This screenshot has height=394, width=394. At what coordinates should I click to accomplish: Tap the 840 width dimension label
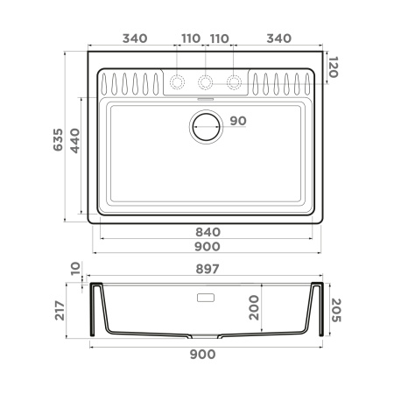point(207,232)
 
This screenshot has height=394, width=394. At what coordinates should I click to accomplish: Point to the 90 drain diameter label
point(238,121)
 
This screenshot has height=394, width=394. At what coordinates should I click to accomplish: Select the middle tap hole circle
point(207,82)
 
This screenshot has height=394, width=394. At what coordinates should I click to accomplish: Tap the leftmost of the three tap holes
point(178,82)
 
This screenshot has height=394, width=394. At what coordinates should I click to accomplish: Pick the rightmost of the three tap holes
point(235,82)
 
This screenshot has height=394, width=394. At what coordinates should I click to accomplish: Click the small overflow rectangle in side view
point(207,298)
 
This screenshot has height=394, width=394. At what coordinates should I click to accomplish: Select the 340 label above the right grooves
point(278,39)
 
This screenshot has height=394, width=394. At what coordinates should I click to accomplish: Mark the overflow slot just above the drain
point(207,102)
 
